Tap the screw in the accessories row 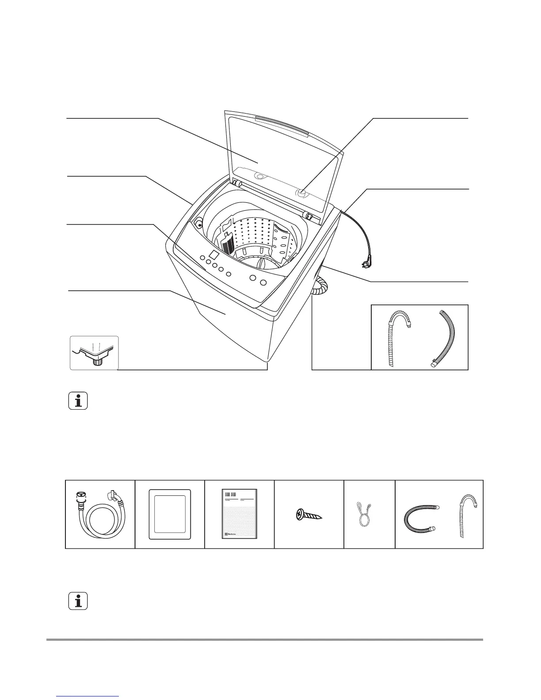(x=309, y=514)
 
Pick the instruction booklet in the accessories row (x=240, y=514)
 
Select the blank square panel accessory (x=170, y=514)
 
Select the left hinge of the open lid (x=237, y=183)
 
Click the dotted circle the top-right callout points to (x=302, y=193)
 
